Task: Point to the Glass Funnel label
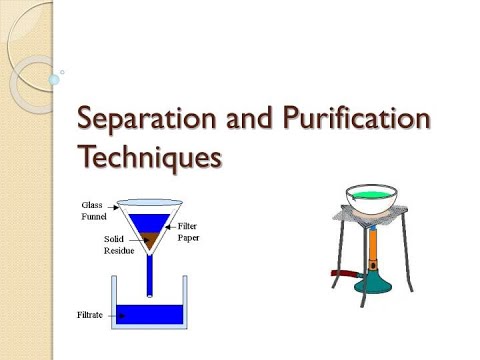tap(94, 210)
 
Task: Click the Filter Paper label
tap(201, 232)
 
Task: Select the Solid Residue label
tap(119, 245)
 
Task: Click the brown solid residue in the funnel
tap(153, 240)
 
